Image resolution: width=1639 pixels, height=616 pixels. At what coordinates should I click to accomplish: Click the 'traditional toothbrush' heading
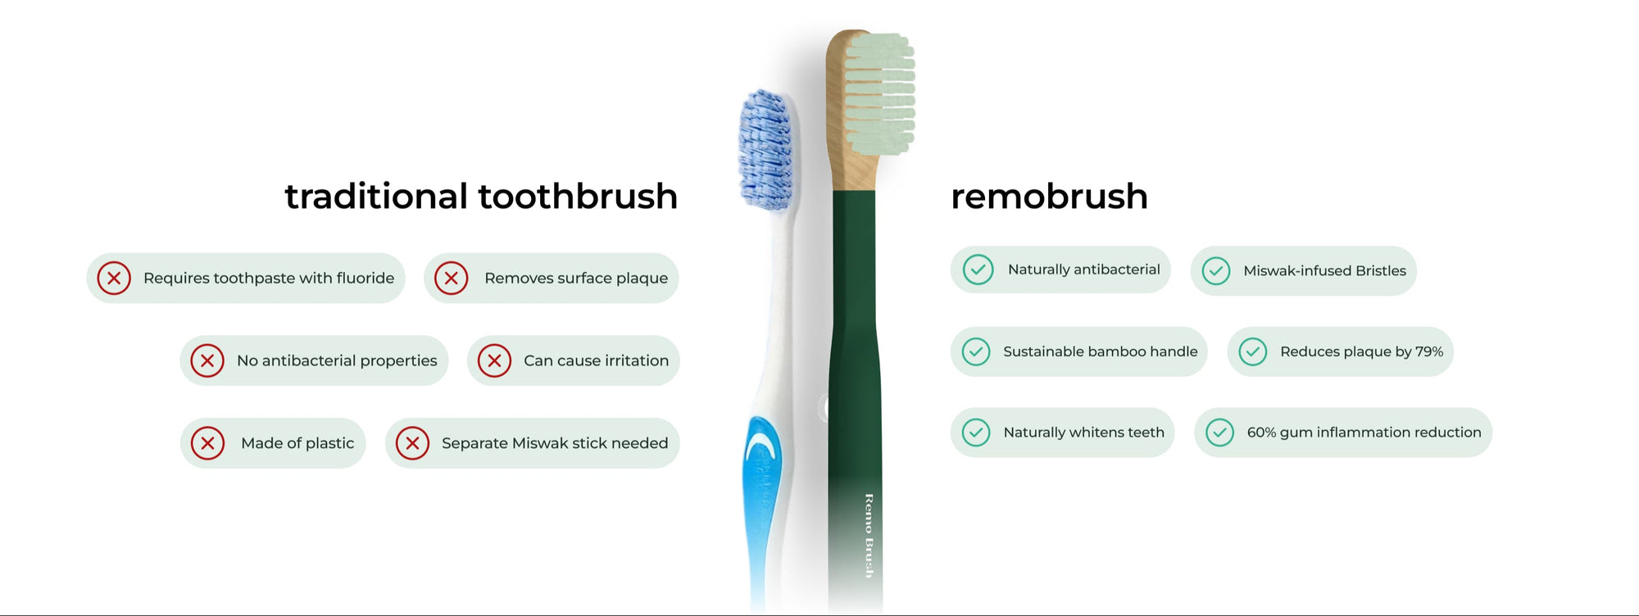481,197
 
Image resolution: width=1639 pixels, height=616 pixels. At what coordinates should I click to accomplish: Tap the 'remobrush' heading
1049,197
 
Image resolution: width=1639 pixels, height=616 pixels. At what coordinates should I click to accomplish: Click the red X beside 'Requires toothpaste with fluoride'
114,279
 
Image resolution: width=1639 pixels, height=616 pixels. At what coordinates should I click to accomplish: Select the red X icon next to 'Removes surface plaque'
452,279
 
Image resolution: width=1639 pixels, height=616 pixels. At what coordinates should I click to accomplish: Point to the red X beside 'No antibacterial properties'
207,360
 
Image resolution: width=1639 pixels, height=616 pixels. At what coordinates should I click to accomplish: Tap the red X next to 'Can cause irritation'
494,360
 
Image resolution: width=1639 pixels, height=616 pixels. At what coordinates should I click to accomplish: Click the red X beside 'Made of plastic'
208,443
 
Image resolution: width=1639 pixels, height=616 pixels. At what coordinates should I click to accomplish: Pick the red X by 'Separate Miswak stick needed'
412,443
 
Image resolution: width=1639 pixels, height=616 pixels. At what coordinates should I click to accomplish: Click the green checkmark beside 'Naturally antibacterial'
978,269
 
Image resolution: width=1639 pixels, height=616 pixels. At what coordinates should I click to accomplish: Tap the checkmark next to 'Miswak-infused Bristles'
1216,271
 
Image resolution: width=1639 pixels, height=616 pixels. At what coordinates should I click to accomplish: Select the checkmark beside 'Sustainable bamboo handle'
976,352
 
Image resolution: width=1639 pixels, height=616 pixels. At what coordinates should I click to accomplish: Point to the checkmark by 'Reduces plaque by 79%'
1253,352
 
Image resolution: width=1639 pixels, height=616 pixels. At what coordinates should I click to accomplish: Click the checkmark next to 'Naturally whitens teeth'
976,433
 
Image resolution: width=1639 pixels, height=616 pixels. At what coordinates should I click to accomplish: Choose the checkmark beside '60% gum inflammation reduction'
1219,433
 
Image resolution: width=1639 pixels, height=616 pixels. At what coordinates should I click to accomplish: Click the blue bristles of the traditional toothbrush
765,149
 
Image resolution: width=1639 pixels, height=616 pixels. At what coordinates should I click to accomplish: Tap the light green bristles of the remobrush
880,93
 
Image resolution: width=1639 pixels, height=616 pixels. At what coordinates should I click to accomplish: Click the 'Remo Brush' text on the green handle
869,536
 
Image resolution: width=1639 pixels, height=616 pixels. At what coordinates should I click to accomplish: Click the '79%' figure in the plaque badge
1429,352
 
